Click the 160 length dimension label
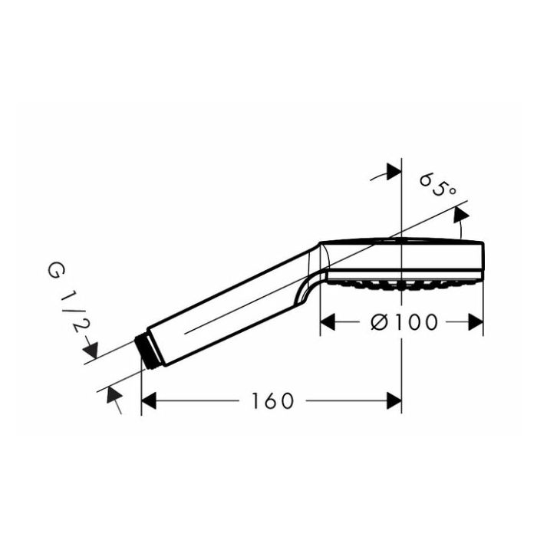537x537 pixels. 272,401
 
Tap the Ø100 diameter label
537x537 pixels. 404,322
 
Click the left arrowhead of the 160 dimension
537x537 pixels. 149,400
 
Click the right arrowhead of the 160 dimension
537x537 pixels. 394,400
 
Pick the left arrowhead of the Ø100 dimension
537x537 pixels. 328,322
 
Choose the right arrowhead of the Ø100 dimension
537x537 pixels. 476,322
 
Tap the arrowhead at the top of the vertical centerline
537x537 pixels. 394,171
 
